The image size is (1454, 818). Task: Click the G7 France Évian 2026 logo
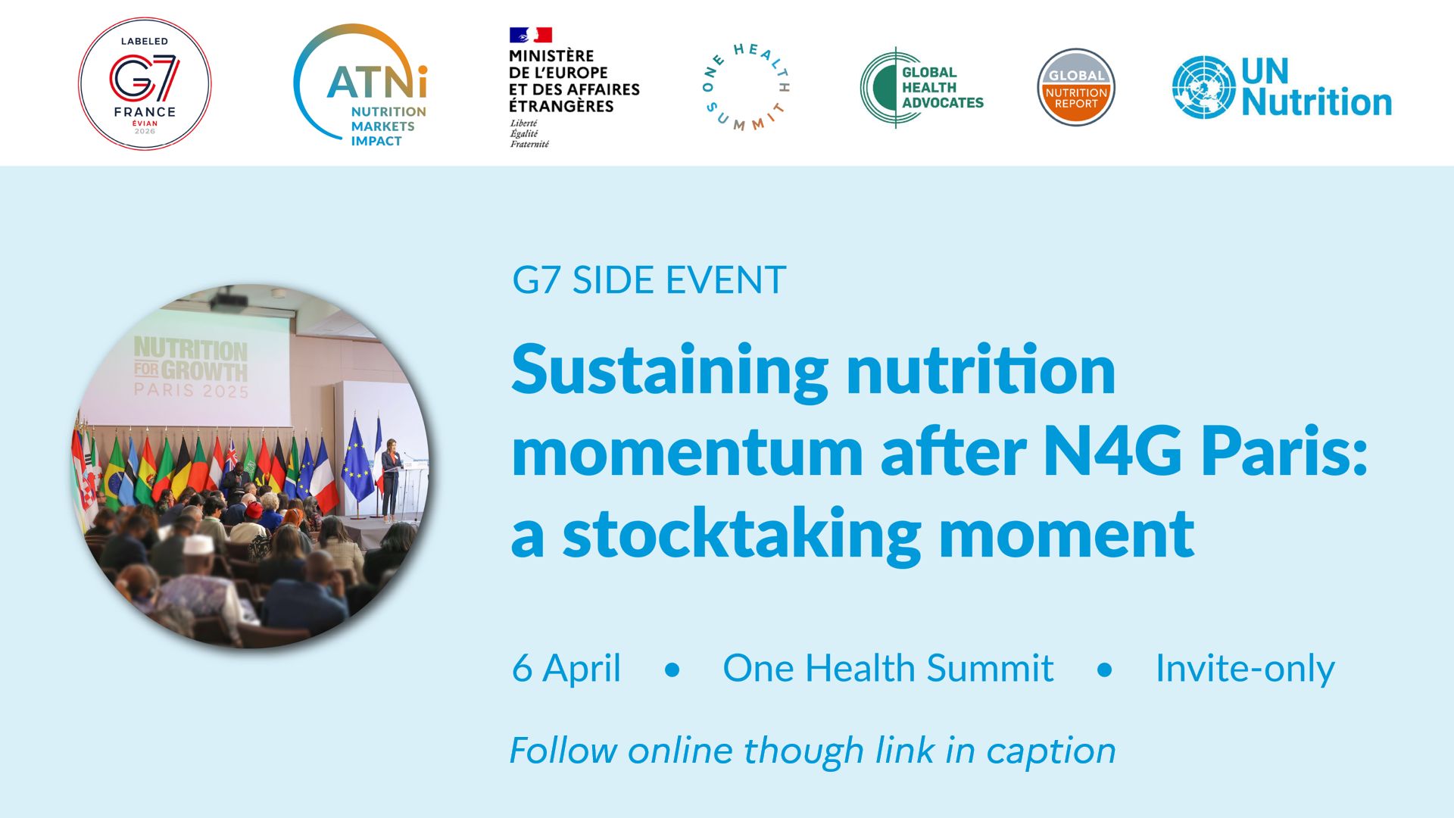[145, 83]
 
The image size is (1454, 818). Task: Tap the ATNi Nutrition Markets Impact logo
[360, 85]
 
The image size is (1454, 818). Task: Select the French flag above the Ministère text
[530, 35]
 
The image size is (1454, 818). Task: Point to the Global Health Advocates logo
[922, 87]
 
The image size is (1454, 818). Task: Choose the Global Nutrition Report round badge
[1075, 87]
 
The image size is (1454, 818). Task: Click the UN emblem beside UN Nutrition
[1203, 87]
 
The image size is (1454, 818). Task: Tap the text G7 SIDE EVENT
[649, 280]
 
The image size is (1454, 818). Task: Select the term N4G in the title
[1112, 451]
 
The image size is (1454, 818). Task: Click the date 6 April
[566, 669]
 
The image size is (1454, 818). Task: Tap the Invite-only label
[1245, 669]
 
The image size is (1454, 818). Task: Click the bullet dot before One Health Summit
[672, 670]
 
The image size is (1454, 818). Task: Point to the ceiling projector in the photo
[228, 298]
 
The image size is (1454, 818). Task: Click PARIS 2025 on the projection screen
[191, 391]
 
